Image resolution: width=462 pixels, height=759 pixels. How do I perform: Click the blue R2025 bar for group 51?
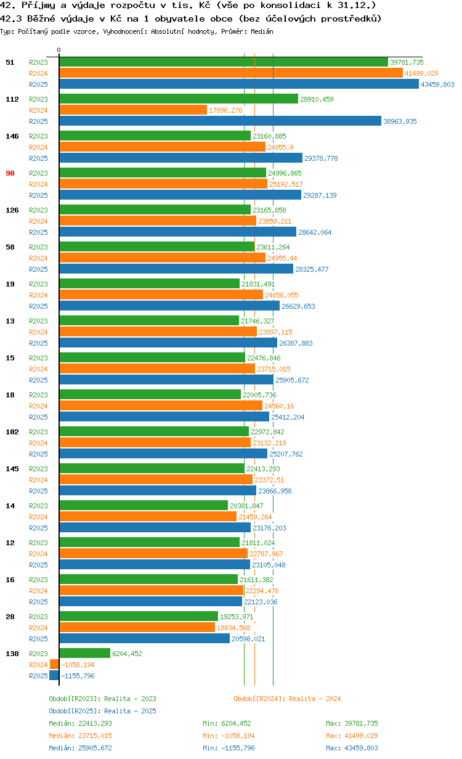pyautogui.click(x=239, y=84)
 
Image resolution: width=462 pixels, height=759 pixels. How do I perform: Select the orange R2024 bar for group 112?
pyautogui.click(x=133, y=110)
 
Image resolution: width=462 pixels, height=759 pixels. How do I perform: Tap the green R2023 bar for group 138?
pyautogui.click(x=85, y=654)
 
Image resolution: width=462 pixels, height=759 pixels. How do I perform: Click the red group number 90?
pyautogui.click(x=10, y=173)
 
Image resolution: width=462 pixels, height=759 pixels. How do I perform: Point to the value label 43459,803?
pyautogui.click(x=437, y=84)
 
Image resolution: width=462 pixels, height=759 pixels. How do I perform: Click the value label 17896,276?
pyautogui.click(x=225, y=110)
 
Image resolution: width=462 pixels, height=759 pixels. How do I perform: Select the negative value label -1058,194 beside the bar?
pyautogui.click(x=78, y=665)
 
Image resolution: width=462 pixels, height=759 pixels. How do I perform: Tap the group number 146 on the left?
pyautogui.click(x=12, y=136)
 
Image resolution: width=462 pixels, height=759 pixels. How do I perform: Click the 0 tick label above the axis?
pyautogui.click(x=59, y=50)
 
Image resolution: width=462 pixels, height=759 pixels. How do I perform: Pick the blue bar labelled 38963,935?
pyautogui.click(x=221, y=121)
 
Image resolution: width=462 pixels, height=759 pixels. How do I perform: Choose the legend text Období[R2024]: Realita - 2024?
pyautogui.click(x=287, y=699)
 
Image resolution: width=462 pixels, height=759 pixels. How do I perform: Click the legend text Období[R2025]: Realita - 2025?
pyautogui.click(x=102, y=711)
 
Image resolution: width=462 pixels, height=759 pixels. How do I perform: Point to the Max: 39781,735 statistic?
pyautogui.click(x=352, y=723)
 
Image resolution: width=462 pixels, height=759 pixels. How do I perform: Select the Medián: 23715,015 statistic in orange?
pyautogui.click(x=80, y=736)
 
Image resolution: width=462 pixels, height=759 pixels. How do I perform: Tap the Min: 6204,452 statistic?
pyautogui.click(x=227, y=723)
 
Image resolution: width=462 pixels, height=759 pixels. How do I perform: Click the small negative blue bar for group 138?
pyautogui.click(x=54, y=676)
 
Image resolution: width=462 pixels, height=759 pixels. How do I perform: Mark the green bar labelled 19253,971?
pyautogui.click(x=139, y=617)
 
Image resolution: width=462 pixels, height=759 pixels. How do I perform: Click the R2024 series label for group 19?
pyautogui.click(x=38, y=295)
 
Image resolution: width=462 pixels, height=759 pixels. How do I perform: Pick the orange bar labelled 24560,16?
pyautogui.click(x=161, y=406)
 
